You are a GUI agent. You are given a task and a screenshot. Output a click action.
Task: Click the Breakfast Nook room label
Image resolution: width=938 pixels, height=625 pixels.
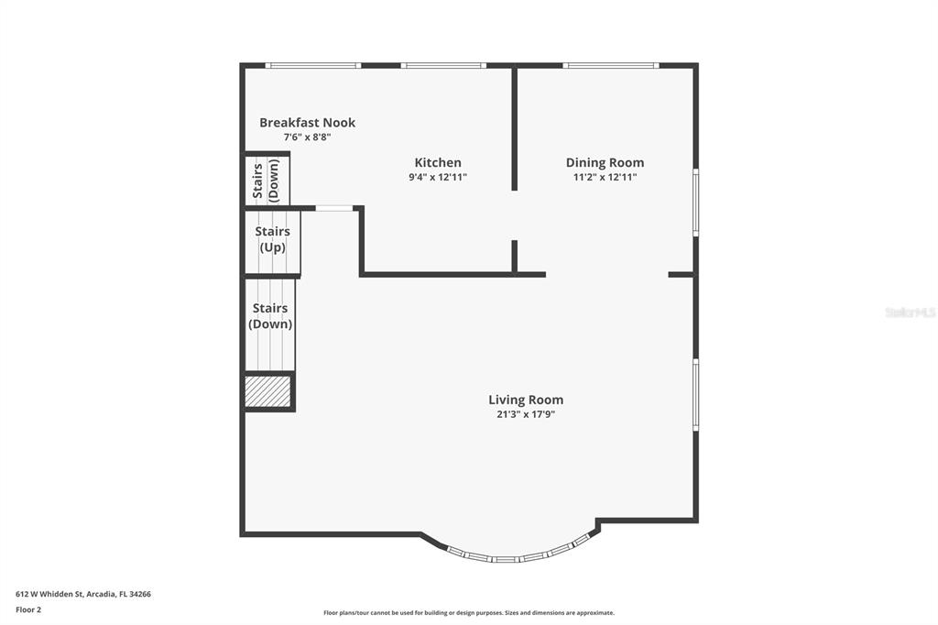pyautogui.click(x=307, y=123)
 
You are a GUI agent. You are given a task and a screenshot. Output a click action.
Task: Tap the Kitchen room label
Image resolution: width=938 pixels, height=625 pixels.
pyautogui.click(x=438, y=163)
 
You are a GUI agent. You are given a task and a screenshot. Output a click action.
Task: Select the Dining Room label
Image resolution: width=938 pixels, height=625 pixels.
pyautogui.click(x=605, y=163)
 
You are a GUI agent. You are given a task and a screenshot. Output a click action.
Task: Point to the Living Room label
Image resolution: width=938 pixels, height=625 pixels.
pyautogui.click(x=526, y=400)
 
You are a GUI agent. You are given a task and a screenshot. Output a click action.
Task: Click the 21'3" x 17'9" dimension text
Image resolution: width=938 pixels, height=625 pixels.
pyautogui.click(x=526, y=414)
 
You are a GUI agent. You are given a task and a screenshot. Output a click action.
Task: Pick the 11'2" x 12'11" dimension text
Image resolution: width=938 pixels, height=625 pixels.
pyautogui.click(x=605, y=178)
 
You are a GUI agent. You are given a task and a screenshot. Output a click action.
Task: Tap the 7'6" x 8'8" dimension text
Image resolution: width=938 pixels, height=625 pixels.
pyautogui.click(x=307, y=137)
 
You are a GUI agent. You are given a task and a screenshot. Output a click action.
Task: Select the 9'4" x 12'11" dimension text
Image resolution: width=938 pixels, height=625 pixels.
pyautogui.click(x=438, y=178)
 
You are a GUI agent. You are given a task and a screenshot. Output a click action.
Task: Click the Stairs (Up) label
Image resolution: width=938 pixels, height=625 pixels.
pyautogui.click(x=272, y=239)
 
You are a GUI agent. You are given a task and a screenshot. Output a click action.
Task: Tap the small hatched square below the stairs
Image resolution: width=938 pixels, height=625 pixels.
pyautogui.click(x=268, y=391)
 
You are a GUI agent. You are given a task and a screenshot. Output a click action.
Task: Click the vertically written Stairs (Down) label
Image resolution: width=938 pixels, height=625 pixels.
pyautogui.click(x=266, y=181)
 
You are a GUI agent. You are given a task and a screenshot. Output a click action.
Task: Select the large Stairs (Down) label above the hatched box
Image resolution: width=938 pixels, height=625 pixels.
pyautogui.click(x=270, y=316)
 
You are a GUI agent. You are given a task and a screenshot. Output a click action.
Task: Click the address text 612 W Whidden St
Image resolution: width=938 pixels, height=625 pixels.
pyautogui.click(x=83, y=594)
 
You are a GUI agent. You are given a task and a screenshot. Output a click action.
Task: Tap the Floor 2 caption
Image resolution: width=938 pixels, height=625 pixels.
pyautogui.click(x=28, y=609)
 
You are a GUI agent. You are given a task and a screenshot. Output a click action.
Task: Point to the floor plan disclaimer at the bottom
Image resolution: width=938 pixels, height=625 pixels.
pyautogui.click(x=468, y=613)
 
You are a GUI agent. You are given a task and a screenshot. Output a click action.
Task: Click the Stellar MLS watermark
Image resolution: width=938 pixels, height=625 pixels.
pyautogui.click(x=910, y=312)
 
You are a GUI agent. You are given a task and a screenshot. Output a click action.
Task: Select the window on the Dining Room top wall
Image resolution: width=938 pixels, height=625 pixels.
pyautogui.click(x=610, y=65)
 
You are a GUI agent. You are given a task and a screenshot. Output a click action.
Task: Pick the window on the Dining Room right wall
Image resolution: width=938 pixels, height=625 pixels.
pyautogui.click(x=695, y=202)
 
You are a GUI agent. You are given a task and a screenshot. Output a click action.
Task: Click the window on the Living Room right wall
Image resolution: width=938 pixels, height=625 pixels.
pyautogui.click(x=695, y=394)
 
